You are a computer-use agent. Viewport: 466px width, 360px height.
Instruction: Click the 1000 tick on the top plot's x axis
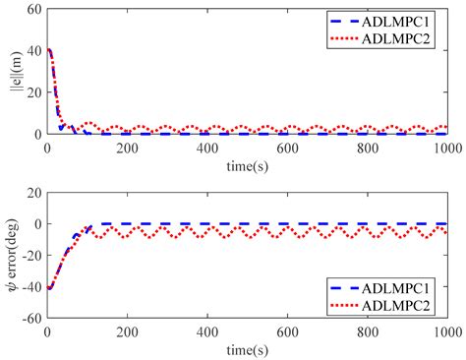click(447, 147)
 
